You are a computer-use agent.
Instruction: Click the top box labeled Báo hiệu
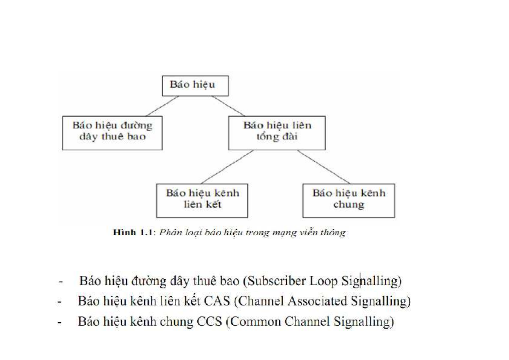click(x=195, y=86)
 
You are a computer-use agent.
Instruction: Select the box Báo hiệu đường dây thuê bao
click(x=112, y=133)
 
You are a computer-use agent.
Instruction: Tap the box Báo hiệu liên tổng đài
click(x=277, y=133)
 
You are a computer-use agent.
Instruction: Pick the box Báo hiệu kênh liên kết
click(x=202, y=200)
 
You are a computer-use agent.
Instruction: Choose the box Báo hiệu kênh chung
click(x=349, y=200)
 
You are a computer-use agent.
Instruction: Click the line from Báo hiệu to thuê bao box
click(x=163, y=106)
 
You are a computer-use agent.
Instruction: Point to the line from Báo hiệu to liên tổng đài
click(x=228, y=106)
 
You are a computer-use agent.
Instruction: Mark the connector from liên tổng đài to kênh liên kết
click(x=227, y=167)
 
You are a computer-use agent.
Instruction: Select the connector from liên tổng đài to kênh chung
click(x=323, y=167)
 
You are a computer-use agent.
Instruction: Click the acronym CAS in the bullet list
click(x=217, y=301)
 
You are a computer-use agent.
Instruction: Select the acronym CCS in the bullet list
click(x=209, y=321)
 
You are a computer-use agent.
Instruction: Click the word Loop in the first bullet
click(x=323, y=281)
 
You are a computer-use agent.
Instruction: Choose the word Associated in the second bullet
click(x=317, y=301)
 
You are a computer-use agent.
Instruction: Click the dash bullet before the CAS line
click(x=60, y=302)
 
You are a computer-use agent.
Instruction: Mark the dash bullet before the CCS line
click(x=60, y=322)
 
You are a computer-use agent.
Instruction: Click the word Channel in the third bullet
click(x=307, y=321)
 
